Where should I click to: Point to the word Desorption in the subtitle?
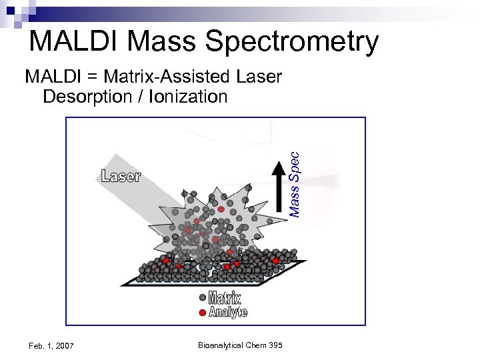pos(87,97)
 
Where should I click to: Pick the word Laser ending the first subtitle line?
pos(259,77)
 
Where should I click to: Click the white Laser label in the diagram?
pos(121,176)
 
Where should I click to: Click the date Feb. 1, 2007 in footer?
pos(51,345)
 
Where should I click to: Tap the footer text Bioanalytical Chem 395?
pos(240,345)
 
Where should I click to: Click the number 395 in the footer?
pos(275,345)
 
